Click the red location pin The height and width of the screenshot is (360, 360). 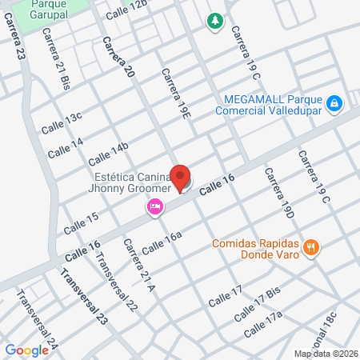pos(181,177)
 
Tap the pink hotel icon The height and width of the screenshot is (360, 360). pos(154,207)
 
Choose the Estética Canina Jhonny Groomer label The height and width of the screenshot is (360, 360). pos(130,182)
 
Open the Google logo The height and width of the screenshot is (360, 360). pos(26,350)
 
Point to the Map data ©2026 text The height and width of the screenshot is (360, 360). pos(324,353)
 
